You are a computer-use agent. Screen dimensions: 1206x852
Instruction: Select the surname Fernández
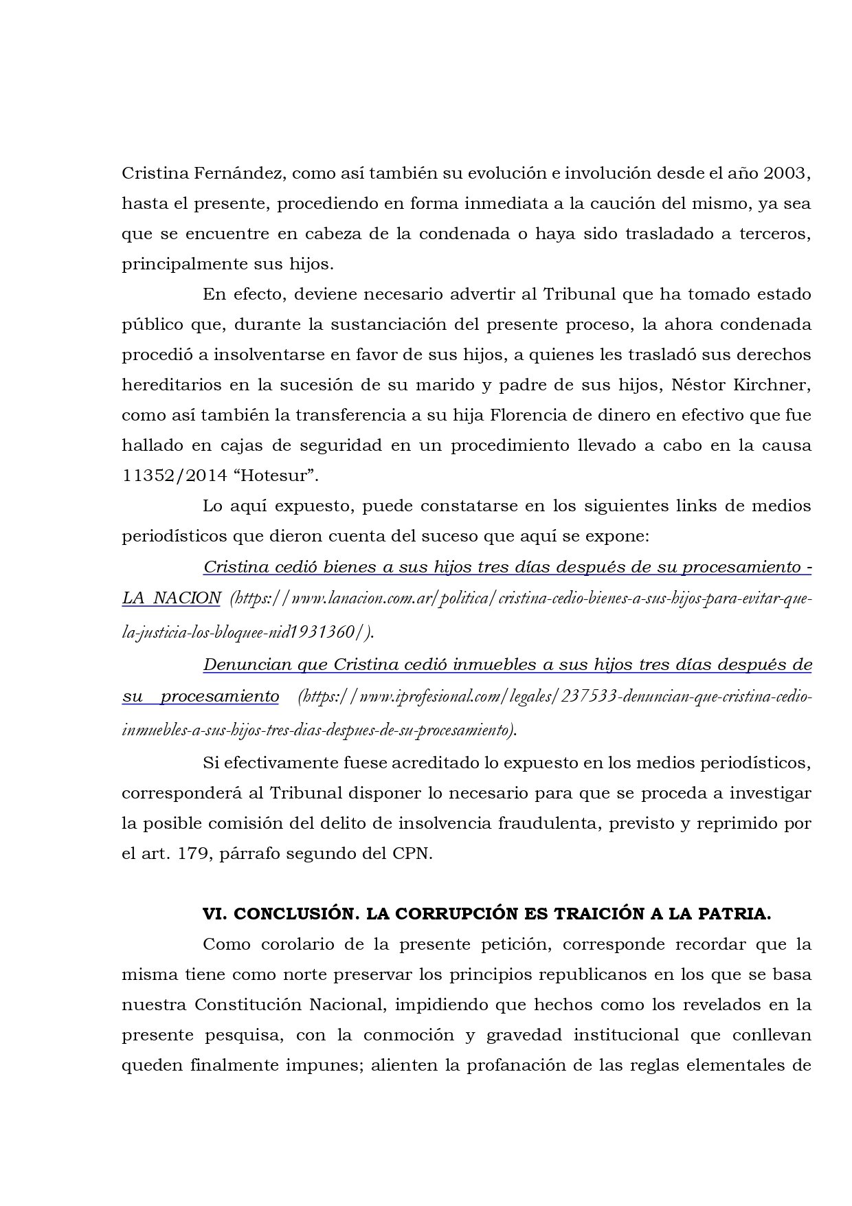[237, 173]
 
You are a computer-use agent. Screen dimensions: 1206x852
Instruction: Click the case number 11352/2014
[162, 476]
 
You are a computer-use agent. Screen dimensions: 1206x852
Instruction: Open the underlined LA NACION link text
[171, 598]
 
